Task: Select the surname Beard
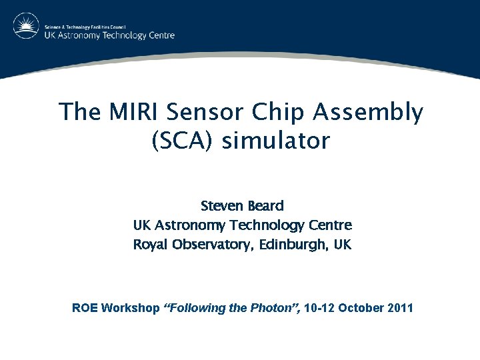[x=265, y=205]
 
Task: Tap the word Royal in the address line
[x=151, y=245]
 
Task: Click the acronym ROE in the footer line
[x=85, y=308]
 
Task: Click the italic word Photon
[x=271, y=308]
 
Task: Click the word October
[x=363, y=308]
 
